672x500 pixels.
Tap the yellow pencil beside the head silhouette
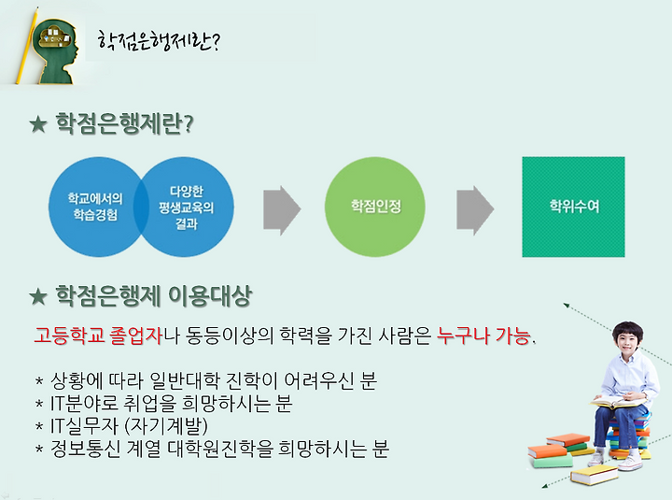tap(27, 46)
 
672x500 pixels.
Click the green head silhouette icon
tap(56, 51)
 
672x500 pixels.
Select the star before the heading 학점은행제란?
tap(38, 124)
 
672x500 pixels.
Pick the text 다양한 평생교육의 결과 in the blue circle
tap(187, 207)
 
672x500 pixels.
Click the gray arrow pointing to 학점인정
tap(282, 210)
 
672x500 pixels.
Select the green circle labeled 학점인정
tap(375, 207)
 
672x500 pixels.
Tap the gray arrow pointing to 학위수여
tap(475, 210)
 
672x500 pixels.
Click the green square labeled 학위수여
tap(573, 207)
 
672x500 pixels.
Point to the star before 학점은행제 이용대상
tap(38, 296)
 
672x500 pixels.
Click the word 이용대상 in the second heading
tap(210, 296)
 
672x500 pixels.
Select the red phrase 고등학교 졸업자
tap(98, 336)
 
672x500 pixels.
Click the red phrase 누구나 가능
tap(483, 336)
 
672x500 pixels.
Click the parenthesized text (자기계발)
tap(166, 425)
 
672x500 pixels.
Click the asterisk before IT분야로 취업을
tap(39, 404)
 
